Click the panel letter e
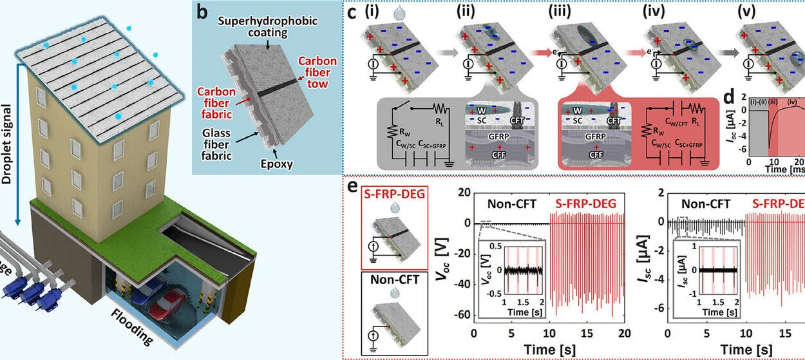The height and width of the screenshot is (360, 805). (352, 187)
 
